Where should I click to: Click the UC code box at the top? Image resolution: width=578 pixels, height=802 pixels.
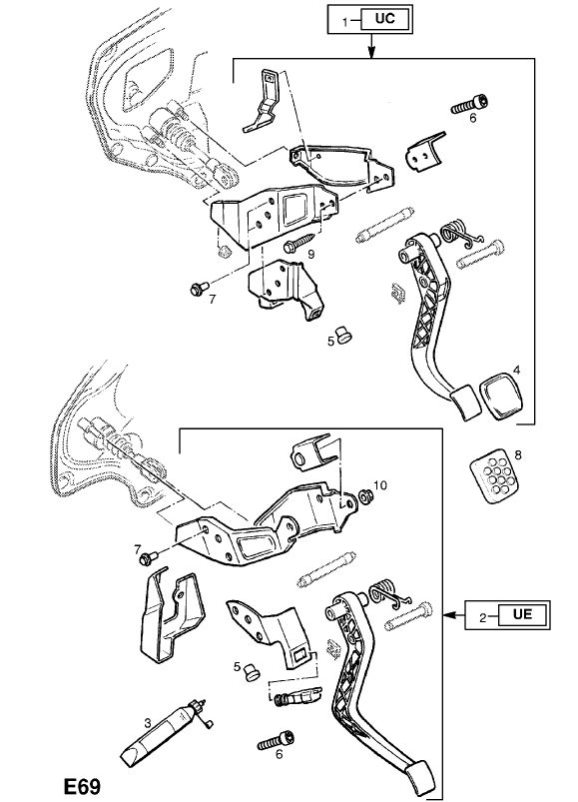[385, 19]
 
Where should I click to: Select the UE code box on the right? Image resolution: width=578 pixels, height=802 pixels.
[522, 614]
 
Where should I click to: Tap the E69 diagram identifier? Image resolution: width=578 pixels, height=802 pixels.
[82, 786]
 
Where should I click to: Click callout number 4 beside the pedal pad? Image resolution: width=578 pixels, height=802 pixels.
[517, 370]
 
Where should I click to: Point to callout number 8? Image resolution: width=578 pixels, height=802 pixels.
[518, 454]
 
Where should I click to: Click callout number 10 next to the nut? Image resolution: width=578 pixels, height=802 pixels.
[380, 484]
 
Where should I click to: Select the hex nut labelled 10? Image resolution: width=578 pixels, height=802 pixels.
[364, 495]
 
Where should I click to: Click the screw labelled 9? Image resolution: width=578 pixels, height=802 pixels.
[299, 243]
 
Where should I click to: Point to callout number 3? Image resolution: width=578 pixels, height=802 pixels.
[148, 723]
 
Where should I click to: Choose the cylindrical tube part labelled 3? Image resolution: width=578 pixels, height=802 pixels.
[164, 731]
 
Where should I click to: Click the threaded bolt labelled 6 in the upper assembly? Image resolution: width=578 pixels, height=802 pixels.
[468, 104]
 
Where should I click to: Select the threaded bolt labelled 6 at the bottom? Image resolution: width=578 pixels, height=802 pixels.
[276, 740]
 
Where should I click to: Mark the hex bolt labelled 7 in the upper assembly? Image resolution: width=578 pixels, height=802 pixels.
[199, 289]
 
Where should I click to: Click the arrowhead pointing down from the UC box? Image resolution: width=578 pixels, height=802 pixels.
[372, 51]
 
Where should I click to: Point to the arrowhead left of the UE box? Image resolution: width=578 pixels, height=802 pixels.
[448, 614]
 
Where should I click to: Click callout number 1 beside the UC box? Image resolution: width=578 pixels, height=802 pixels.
[345, 22]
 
